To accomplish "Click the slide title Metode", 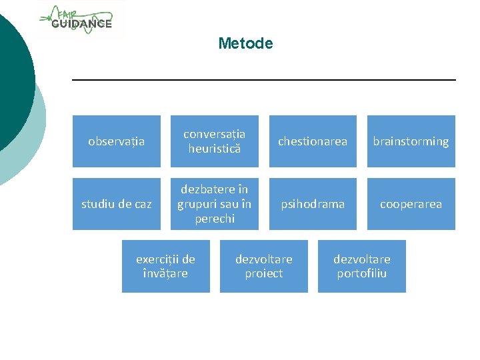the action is [x=245, y=44].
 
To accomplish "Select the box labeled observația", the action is [x=117, y=141].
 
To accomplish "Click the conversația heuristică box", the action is [x=214, y=141].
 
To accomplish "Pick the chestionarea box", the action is [x=313, y=141].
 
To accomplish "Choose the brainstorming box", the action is [x=411, y=141].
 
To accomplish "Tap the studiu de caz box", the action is [x=117, y=204].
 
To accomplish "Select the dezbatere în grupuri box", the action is [x=214, y=204].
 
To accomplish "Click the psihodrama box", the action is [x=313, y=204].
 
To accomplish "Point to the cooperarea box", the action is [x=411, y=204].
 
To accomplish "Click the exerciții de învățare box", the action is [x=165, y=266].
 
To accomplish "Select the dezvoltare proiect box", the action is [x=263, y=266].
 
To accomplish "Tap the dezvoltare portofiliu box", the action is [x=361, y=266].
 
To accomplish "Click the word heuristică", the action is [x=214, y=148].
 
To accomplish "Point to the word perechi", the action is [x=214, y=218].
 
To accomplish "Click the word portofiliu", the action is [x=361, y=273].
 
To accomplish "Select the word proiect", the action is [x=263, y=273].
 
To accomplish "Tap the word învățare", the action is [x=165, y=273].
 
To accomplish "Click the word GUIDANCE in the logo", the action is [x=81, y=24].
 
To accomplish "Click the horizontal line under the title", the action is [x=263, y=80].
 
